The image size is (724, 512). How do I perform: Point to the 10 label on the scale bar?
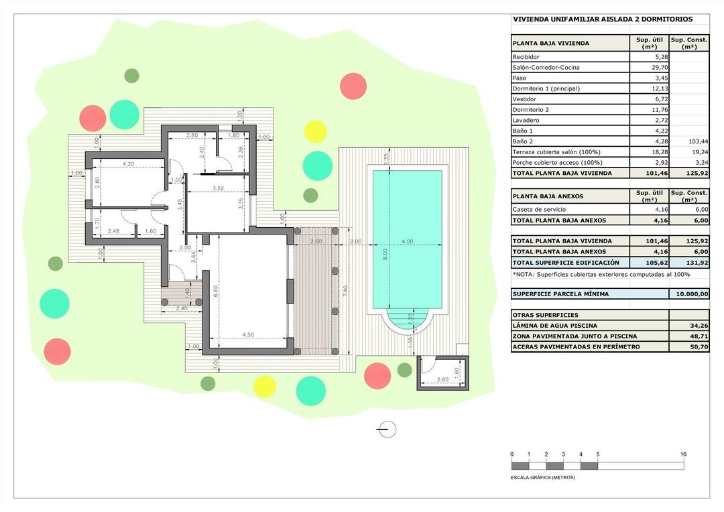coord(683,454)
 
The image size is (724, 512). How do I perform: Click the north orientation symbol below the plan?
coord(387,430)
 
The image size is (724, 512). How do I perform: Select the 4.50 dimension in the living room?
coord(247,335)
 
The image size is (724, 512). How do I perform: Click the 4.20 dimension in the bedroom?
coord(129,164)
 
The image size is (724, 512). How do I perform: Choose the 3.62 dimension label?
coord(218,189)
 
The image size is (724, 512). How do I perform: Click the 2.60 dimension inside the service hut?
coord(442,380)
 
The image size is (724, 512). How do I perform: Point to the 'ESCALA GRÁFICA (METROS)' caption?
coord(543,478)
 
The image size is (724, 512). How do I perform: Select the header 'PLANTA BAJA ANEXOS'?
coord(548,196)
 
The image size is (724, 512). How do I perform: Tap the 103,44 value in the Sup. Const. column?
coord(697,142)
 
